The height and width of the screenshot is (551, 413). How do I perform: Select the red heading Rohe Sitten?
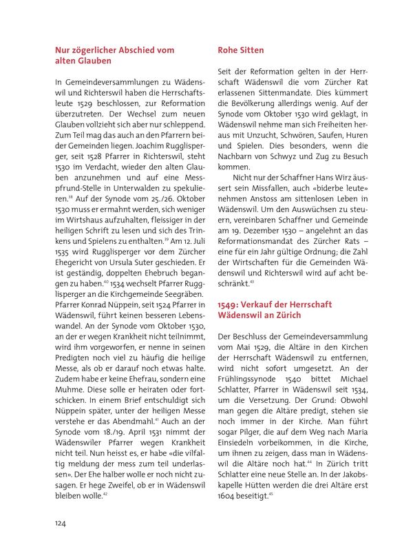pyautogui.click(x=240, y=50)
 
